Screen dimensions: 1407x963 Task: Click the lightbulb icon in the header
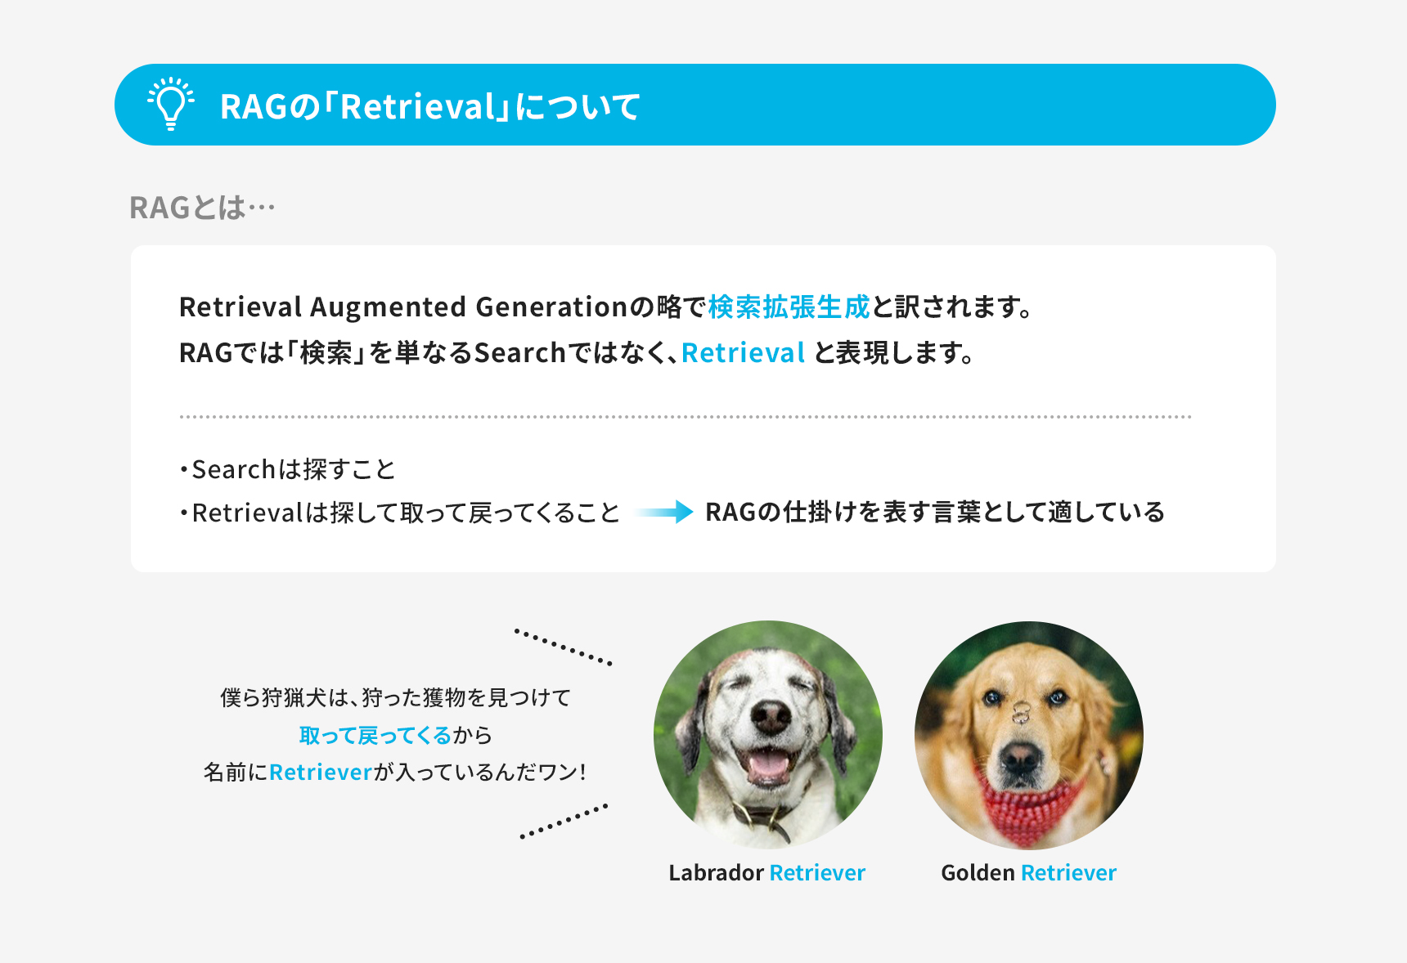(171, 104)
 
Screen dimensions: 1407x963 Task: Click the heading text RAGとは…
(202, 208)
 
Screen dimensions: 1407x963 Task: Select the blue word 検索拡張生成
(789, 307)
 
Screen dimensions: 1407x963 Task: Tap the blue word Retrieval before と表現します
(743, 352)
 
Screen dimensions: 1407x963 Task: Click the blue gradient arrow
(663, 513)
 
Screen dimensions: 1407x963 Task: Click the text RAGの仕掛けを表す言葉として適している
(935, 512)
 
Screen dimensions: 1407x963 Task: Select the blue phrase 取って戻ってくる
(375, 735)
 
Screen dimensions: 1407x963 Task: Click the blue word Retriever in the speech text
(321, 772)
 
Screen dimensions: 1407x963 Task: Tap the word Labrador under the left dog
(717, 872)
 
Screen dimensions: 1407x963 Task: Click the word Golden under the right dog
(978, 872)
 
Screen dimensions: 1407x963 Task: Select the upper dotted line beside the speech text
(563, 647)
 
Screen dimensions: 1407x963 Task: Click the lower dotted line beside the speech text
(564, 822)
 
